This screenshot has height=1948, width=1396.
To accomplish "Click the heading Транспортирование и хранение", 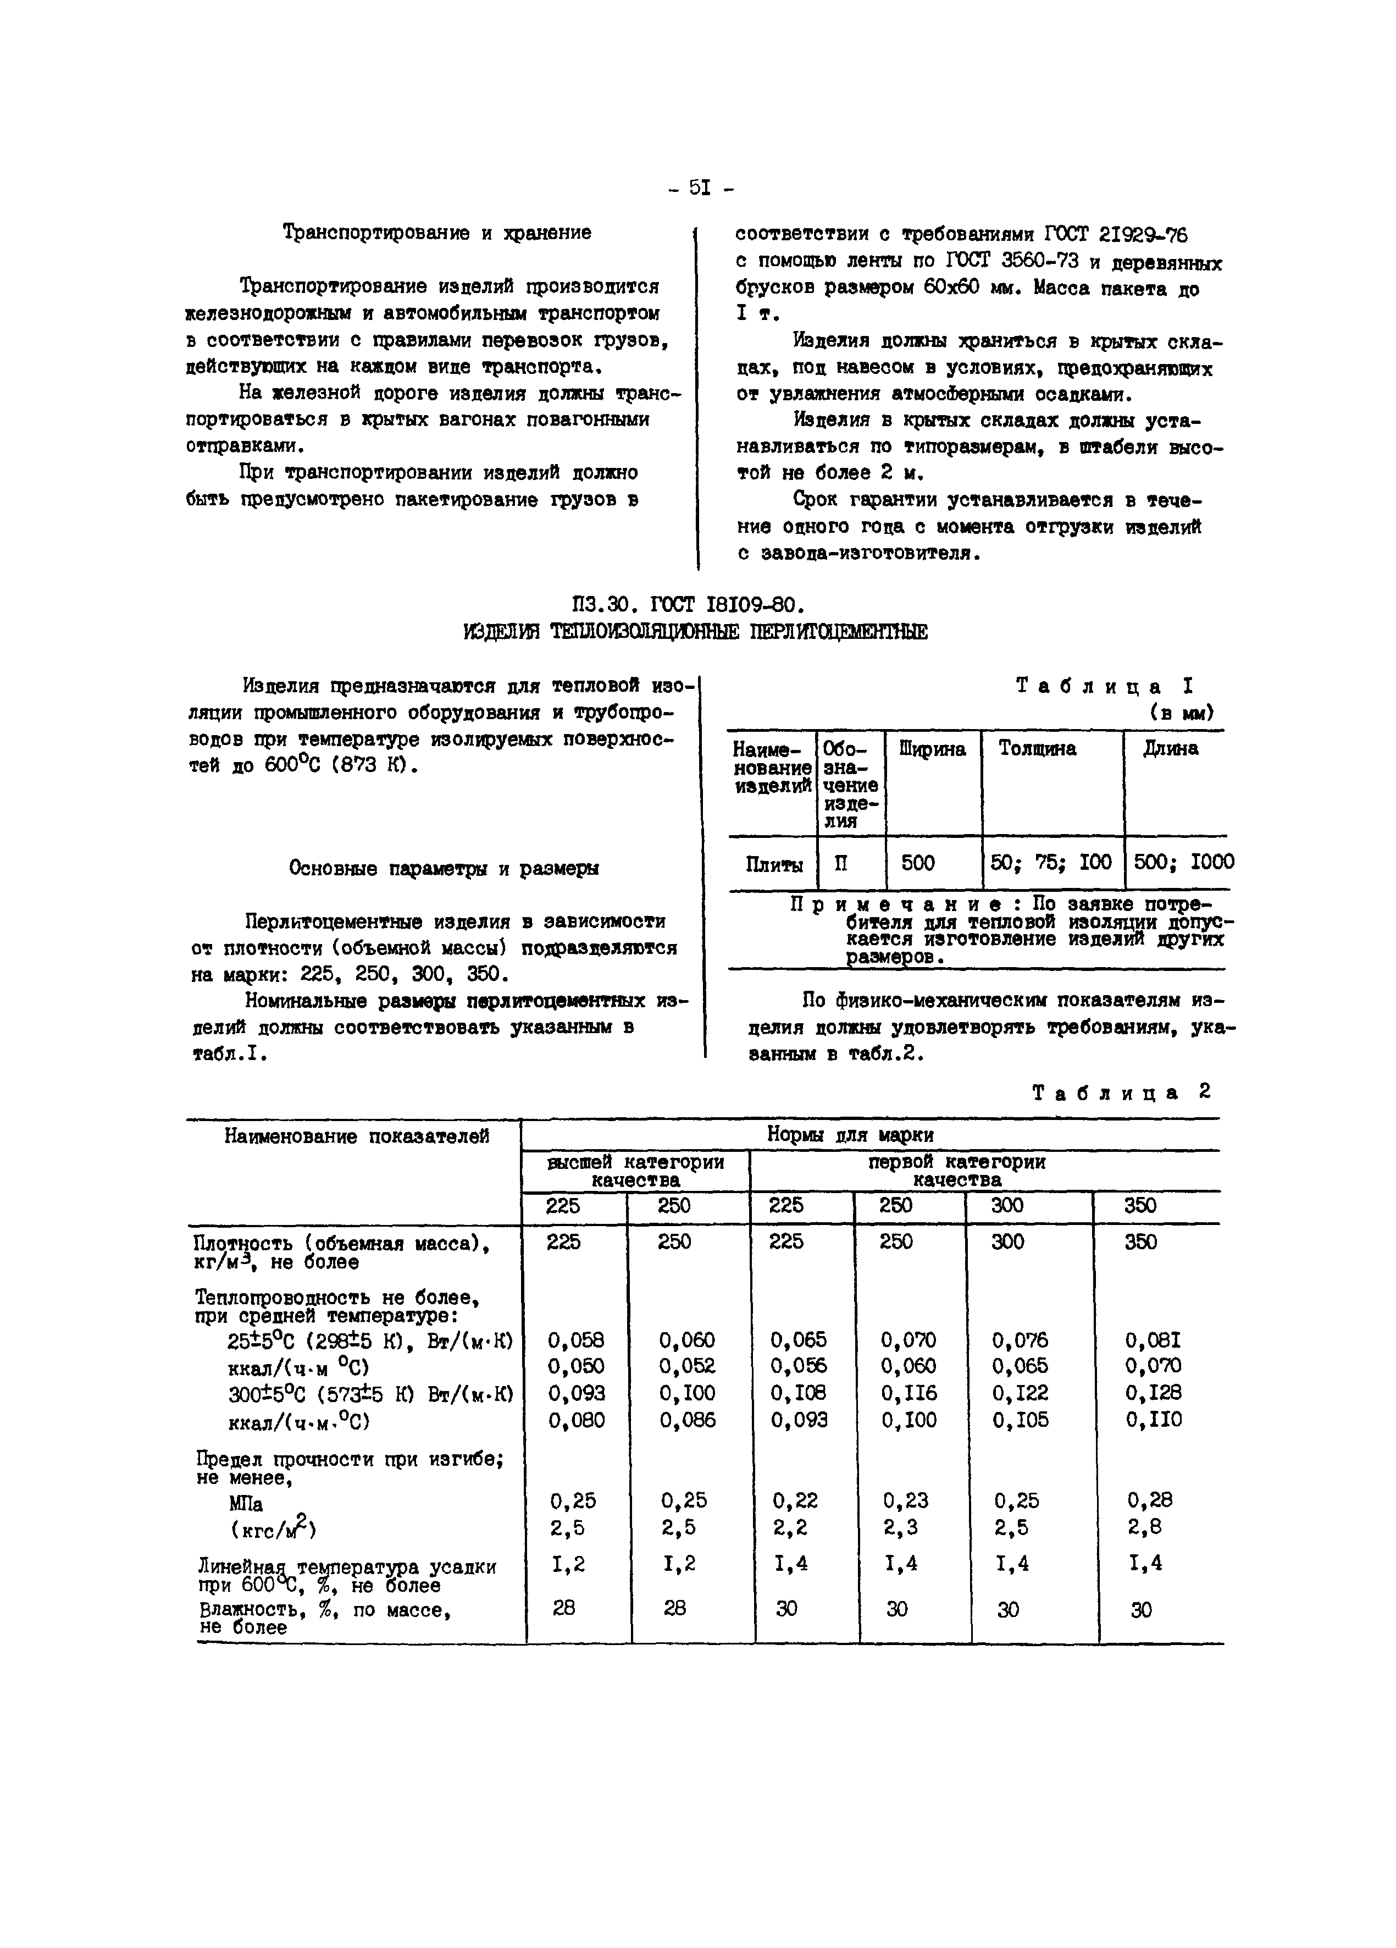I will (x=436, y=233).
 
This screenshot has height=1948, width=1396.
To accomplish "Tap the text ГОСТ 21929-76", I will (x=1115, y=234).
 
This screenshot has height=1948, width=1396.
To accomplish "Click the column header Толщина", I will (x=1037, y=749).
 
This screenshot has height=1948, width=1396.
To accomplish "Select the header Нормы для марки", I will (x=849, y=1135).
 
